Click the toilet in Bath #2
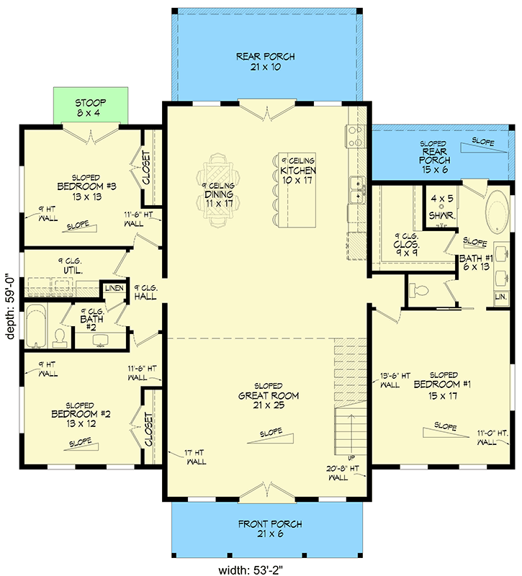coord(60,336)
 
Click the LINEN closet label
coord(114,289)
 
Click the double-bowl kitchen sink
coord(356,189)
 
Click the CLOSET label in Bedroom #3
coord(147,168)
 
